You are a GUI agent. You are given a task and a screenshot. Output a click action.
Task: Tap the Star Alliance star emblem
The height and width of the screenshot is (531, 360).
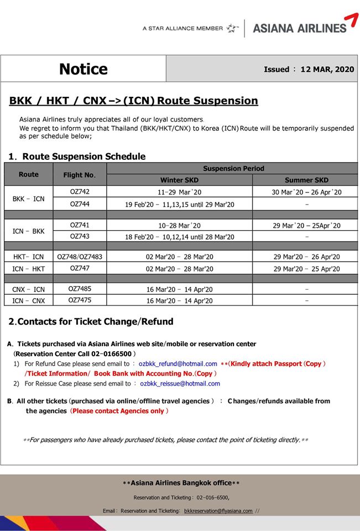pyautogui.click(x=233, y=28)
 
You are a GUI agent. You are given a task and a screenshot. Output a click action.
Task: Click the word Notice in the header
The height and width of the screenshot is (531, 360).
pyautogui.click(x=84, y=69)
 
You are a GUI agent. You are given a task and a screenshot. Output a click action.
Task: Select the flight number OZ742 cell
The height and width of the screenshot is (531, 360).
pyautogui.click(x=80, y=192)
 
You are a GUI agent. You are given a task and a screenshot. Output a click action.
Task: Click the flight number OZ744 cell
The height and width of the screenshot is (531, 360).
pyautogui.click(x=80, y=204)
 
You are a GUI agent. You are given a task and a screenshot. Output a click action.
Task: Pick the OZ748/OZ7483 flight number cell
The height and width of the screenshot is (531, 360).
pyautogui.click(x=80, y=257)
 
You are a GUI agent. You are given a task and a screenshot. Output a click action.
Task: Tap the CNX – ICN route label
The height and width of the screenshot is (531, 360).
pyautogui.click(x=28, y=289)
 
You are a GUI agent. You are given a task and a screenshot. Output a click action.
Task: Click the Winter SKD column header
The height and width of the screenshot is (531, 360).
pyautogui.click(x=179, y=180)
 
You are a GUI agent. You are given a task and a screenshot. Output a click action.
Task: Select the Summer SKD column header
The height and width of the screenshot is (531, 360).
pyautogui.click(x=306, y=180)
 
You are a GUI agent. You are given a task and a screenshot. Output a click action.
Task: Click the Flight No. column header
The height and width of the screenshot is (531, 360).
pyautogui.click(x=80, y=175)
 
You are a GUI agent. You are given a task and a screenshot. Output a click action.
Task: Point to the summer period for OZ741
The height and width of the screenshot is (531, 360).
pyautogui.click(x=306, y=226)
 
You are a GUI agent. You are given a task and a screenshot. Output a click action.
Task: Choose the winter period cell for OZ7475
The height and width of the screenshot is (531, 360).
pyautogui.click(x=179, y=301)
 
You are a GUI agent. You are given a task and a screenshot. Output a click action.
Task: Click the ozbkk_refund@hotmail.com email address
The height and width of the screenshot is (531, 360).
pyautogui.click(x=178, y=364)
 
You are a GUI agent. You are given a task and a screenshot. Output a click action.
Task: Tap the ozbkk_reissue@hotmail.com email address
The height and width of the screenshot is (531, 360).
pyautogui.click(x=180, y=383)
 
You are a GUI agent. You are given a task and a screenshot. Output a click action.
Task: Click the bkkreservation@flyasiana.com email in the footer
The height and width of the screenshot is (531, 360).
pyautogui.click(x=218, y=511)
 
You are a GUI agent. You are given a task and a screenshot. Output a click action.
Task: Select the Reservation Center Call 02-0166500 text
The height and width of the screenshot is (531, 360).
pyautogui.click(x=74, y=354)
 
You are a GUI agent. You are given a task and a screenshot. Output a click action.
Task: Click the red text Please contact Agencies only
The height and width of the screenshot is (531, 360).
pyautogui.click(x=118, y=411)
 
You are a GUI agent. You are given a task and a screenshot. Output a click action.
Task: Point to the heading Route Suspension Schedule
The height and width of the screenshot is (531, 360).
pyautogui.click(x=84, y=157)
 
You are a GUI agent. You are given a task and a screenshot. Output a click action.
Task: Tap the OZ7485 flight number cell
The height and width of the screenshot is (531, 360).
pyautogui.click(x=80, y=289)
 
